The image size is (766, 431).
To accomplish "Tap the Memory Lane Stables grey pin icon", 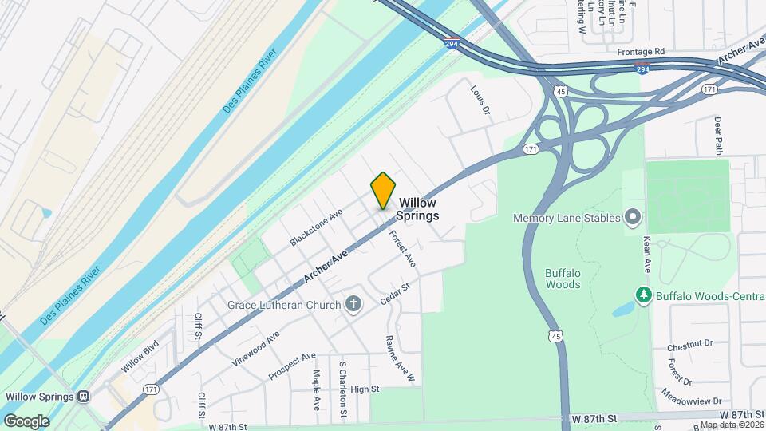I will (633, 217).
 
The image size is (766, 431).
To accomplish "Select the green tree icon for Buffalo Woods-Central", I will (643, 296).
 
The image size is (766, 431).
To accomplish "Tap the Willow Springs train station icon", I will (83, 396).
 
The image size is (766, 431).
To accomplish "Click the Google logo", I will (26, 421).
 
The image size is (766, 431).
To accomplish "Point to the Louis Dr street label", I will (480, 101).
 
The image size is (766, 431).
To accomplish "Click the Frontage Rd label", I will (641, 51).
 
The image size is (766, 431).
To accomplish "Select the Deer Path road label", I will (718, 134).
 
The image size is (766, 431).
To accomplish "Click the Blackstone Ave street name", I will (316, 227).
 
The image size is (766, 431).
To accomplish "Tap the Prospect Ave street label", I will (292, 366).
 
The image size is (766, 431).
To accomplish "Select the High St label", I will (364, 389).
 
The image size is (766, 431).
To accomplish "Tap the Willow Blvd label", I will (140, 356).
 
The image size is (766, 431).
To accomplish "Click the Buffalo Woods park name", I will (563, 278).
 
